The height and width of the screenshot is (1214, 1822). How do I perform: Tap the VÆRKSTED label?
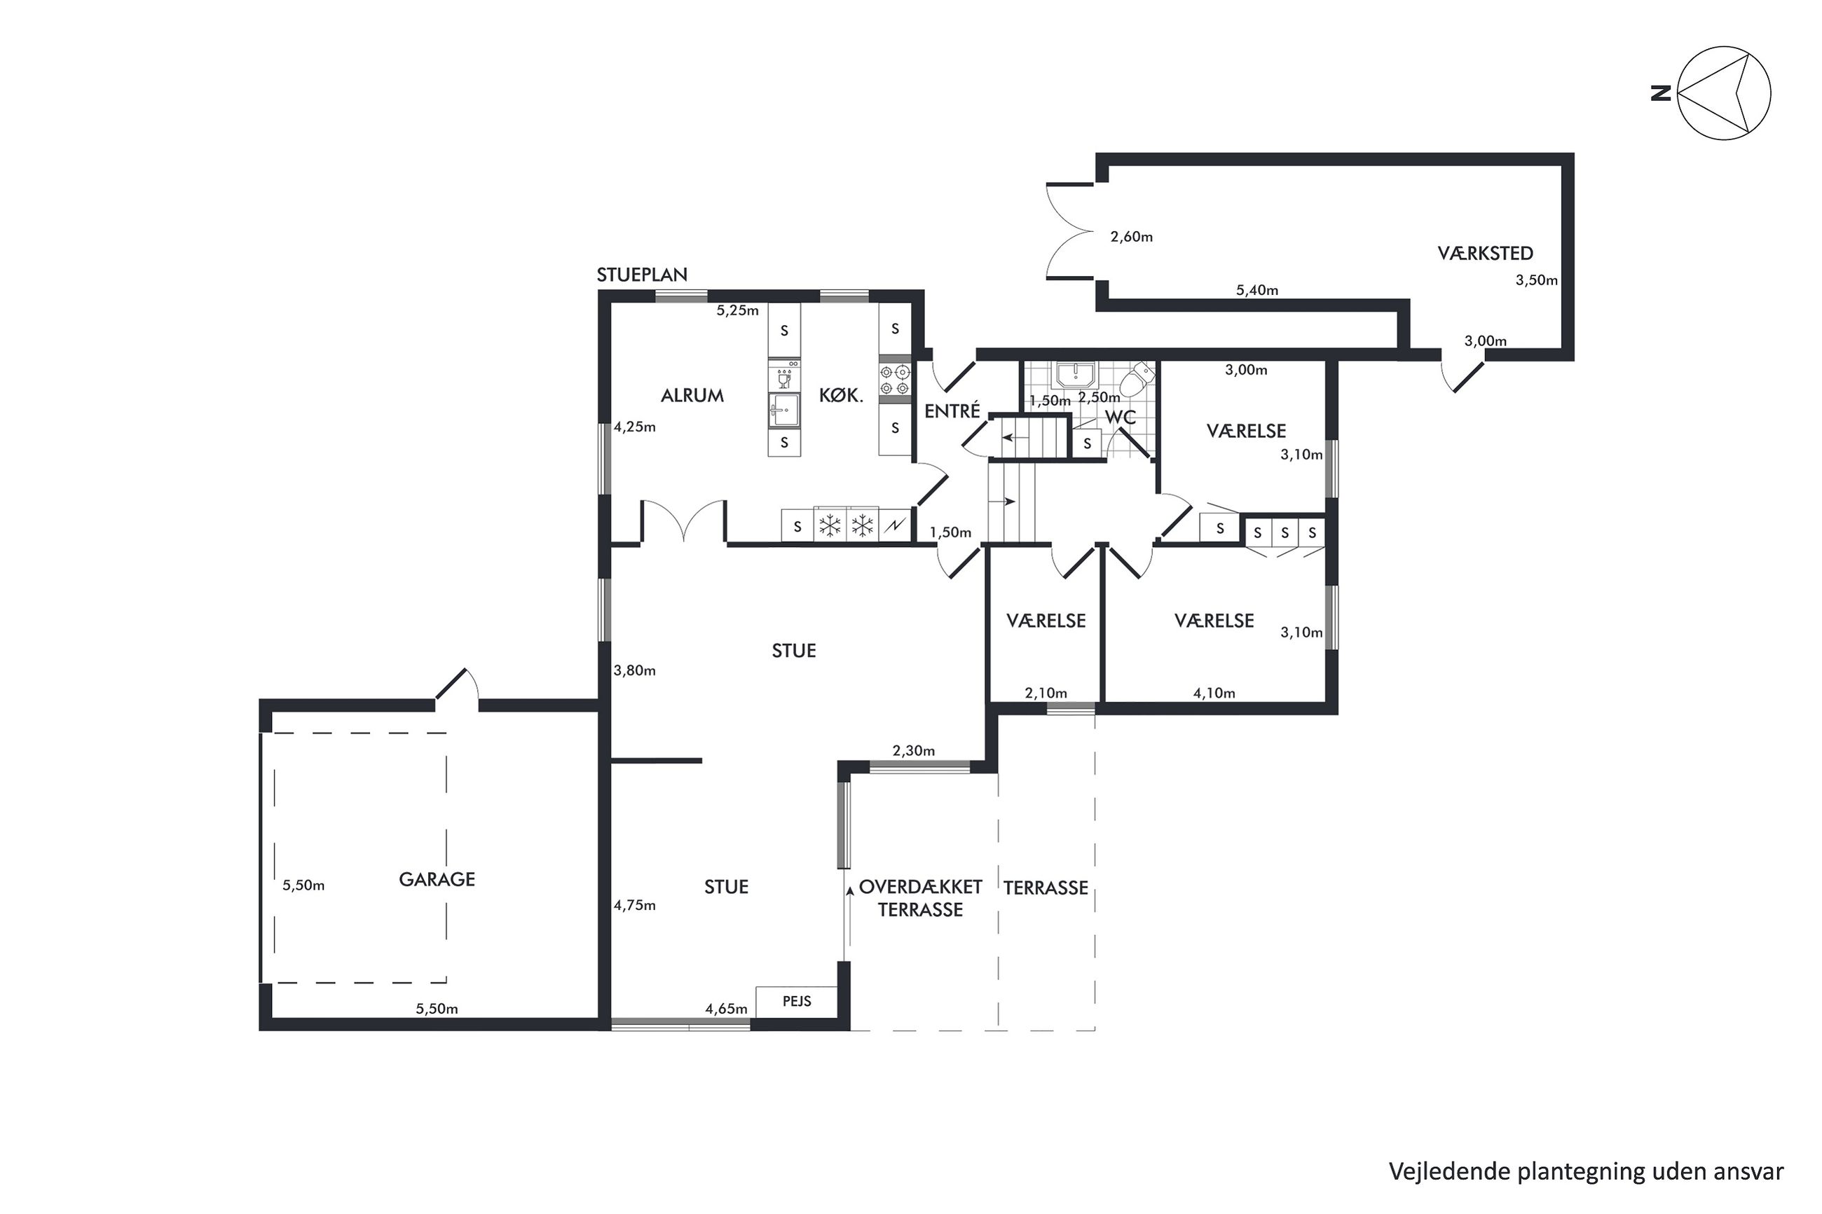point(1485,253)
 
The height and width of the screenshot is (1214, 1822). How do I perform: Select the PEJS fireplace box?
point(797,1001)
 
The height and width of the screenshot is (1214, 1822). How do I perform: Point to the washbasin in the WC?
point(1074,375)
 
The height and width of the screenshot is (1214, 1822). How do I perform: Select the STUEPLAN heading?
point(642,275)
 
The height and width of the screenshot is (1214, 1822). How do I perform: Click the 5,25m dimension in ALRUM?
point(737,310)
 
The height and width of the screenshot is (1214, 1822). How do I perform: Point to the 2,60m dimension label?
point(1131,237)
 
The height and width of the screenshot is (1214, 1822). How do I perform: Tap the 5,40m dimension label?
point(1256,290)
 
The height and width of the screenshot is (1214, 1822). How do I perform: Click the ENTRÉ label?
point(952,411)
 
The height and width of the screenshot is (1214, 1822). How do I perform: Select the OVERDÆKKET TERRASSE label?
point(921,898)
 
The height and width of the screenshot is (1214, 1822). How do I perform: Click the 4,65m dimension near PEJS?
point(726,1009)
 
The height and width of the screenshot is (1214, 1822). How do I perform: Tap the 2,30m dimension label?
point(914,751)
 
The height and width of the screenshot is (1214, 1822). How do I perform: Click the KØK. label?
point(841,396)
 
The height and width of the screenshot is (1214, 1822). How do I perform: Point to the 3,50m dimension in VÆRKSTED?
point(1536,280)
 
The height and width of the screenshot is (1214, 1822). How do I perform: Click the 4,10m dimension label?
point(1214,694)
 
